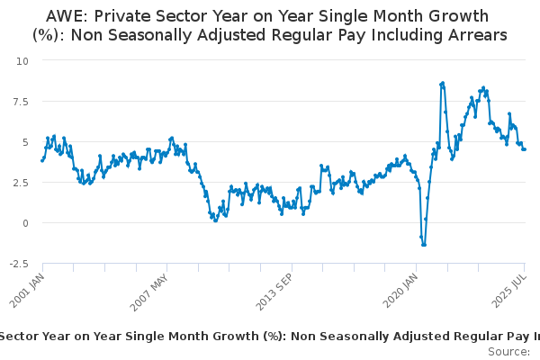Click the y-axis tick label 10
pyautogui.click(x=22, y=61)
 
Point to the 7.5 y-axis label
pyautogui.click(x=21, y=102)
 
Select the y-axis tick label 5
pyautogui.click(x=25, y=142)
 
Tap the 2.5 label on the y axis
pyautogui.click(x=21, y=183)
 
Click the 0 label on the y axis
pyautogui.click(x=25, y=223)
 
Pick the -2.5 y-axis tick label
pyautogui.click(x=19, y=265)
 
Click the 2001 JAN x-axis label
pyautogui.click(x=27, y=290)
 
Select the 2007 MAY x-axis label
pyautogui.click(x=149, y=292)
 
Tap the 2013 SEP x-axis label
pyautogui.click(x=274, y=292)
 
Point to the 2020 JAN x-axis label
pyautogui.click(x=400, y=290)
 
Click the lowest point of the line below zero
pyautogui.click(x=423, y=245)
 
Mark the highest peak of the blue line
pyautogui.click(x=443, y=83)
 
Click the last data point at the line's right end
pyautogui.click(x=525, y=149)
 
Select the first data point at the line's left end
pyautogui.click(x=42, y=160)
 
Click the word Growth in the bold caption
pyautogui.click(x=233, y=337)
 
